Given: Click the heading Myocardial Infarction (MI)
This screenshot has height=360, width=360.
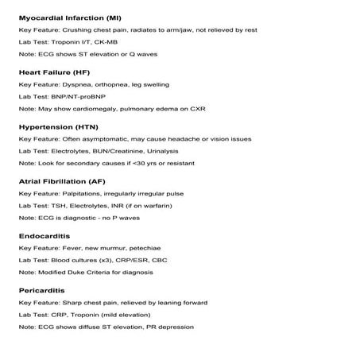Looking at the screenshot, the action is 69,17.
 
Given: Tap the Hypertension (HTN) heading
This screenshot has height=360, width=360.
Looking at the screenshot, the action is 58,126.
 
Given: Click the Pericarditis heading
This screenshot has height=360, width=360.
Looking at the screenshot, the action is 43,291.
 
